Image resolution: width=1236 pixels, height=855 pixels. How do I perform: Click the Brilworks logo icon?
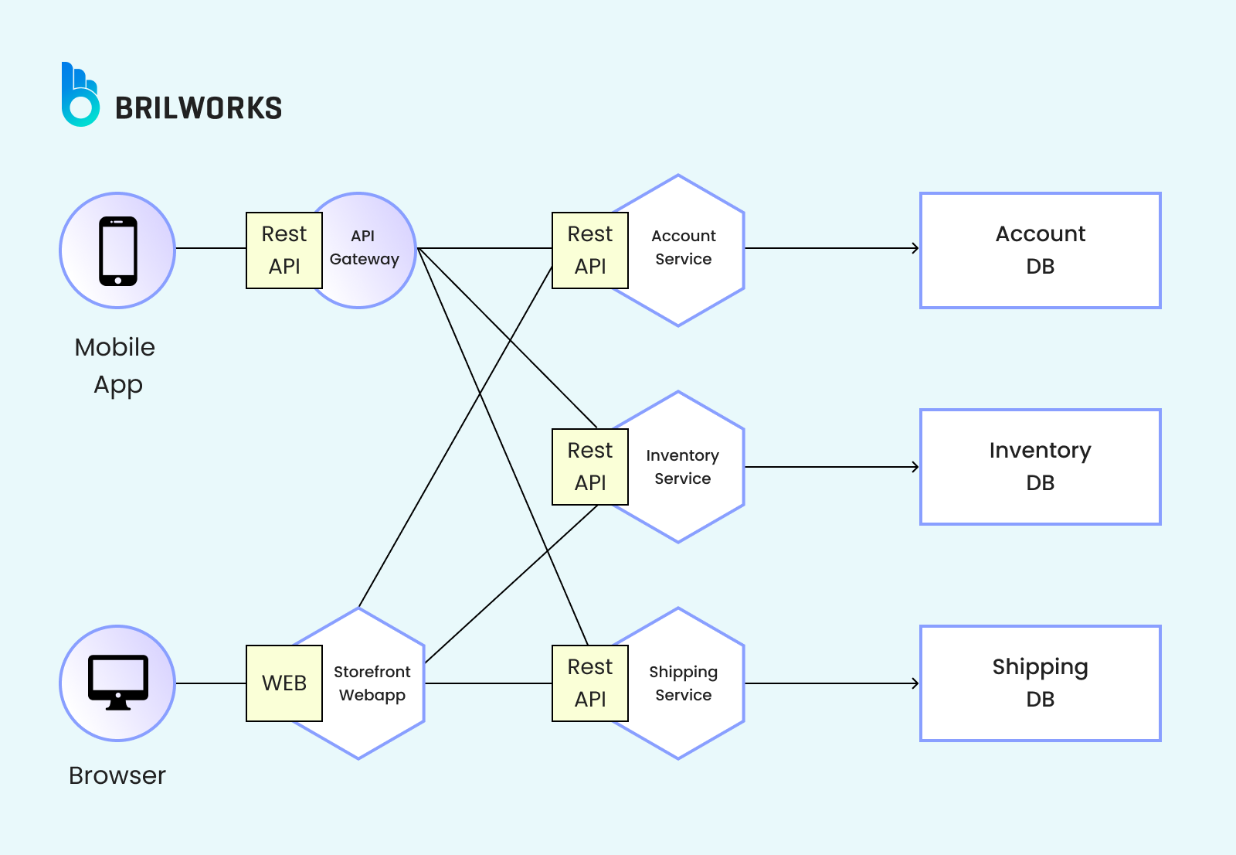click(x=80, y=95)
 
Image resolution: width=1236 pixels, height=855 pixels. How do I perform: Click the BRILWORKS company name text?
click(x=199, y=108)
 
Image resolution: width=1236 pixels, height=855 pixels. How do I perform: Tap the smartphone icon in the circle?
click(x=118, y=250)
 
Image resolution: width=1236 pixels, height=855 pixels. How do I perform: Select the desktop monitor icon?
click(x=118, y=682)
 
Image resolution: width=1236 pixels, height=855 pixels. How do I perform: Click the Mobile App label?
click(x=116, y=366)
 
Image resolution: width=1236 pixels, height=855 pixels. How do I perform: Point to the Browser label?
click(x=117, y=775)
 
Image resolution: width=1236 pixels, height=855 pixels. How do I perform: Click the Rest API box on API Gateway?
click(x=284, y=250)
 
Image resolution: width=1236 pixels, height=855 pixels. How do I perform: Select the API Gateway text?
click(x=364, y=247)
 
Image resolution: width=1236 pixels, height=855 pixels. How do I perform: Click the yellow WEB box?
click(x=284, y=683)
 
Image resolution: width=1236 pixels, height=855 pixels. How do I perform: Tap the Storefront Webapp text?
click(x=372, y=683)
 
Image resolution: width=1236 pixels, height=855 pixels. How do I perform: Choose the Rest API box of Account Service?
click(x=590, y=250)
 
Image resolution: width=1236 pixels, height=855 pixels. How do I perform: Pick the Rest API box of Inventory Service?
click(x=590, y=467)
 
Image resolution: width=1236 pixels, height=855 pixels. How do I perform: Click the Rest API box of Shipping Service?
click(x=590, y=683)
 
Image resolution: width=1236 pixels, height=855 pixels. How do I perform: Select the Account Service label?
click(x=684, y=247)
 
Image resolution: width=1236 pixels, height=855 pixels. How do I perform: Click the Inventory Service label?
click(x=683, y=467)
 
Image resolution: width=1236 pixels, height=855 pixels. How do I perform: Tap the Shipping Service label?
click(x=684, y=683)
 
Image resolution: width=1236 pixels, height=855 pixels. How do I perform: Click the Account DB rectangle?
click(x=1040, y=250)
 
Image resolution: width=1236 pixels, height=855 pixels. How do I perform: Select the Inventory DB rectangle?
click(x=1040, y=467)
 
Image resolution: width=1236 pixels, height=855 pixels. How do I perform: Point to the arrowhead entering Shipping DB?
click(x=915, y=683)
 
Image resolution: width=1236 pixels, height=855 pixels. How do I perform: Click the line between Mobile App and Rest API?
click(x=210, y=248)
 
